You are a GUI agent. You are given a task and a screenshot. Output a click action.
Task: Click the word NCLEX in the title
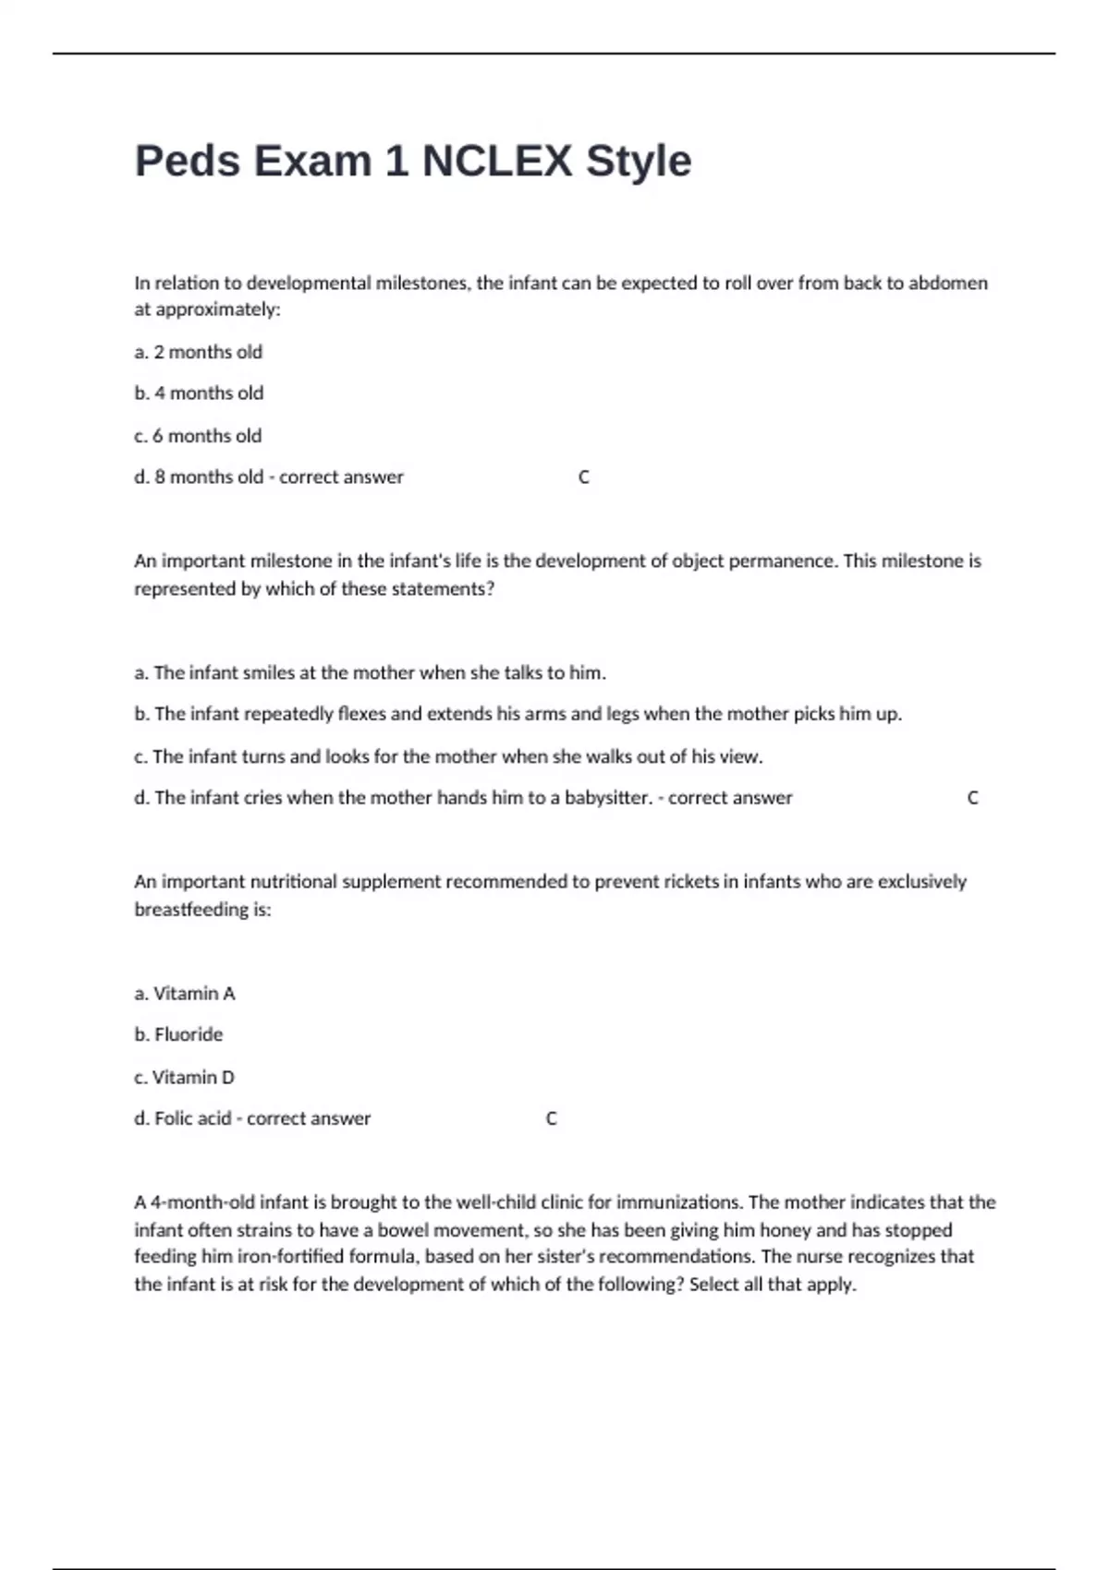pyautogui.click(x=496, y=161)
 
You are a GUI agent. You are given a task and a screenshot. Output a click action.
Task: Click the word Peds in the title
pyautogui.click(x=188, y=161)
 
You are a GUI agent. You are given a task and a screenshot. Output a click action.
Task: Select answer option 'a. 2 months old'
pyautogui.click(x=199, y=352)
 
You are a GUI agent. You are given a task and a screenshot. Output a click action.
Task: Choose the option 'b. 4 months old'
pyautogui.click(x=199, y=393)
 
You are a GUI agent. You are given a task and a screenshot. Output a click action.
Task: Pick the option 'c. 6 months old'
pyautogui.click(x=198, y=436)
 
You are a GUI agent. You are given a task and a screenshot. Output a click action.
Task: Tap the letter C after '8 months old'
pyautogui.click(x=584, y=477)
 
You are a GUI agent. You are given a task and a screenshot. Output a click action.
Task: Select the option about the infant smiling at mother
pyautogui.click(x=370, y=672)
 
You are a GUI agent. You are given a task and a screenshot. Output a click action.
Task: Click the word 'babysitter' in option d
pyautogui.click(x=606, y=798)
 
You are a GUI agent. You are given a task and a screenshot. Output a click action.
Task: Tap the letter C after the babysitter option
pyautogui.click(x=972, y=798)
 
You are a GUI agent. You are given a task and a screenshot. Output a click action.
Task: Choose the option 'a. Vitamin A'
pyautogui.click(x=185, y=994)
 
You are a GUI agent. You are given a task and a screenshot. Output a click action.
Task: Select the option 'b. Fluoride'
pyautogui.click(x=178, y=1034)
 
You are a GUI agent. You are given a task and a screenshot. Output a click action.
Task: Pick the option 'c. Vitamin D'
pyautogui.click(x=184, y=1077)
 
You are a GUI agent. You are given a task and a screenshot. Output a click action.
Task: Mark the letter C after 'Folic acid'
pyautogui.click(x=552, y=1118)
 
